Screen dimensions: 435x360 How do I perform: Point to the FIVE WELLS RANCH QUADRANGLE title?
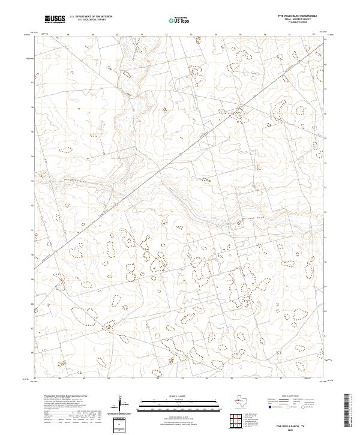click(x=294, y=17)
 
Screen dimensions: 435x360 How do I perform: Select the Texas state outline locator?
click(x=241, y=400)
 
